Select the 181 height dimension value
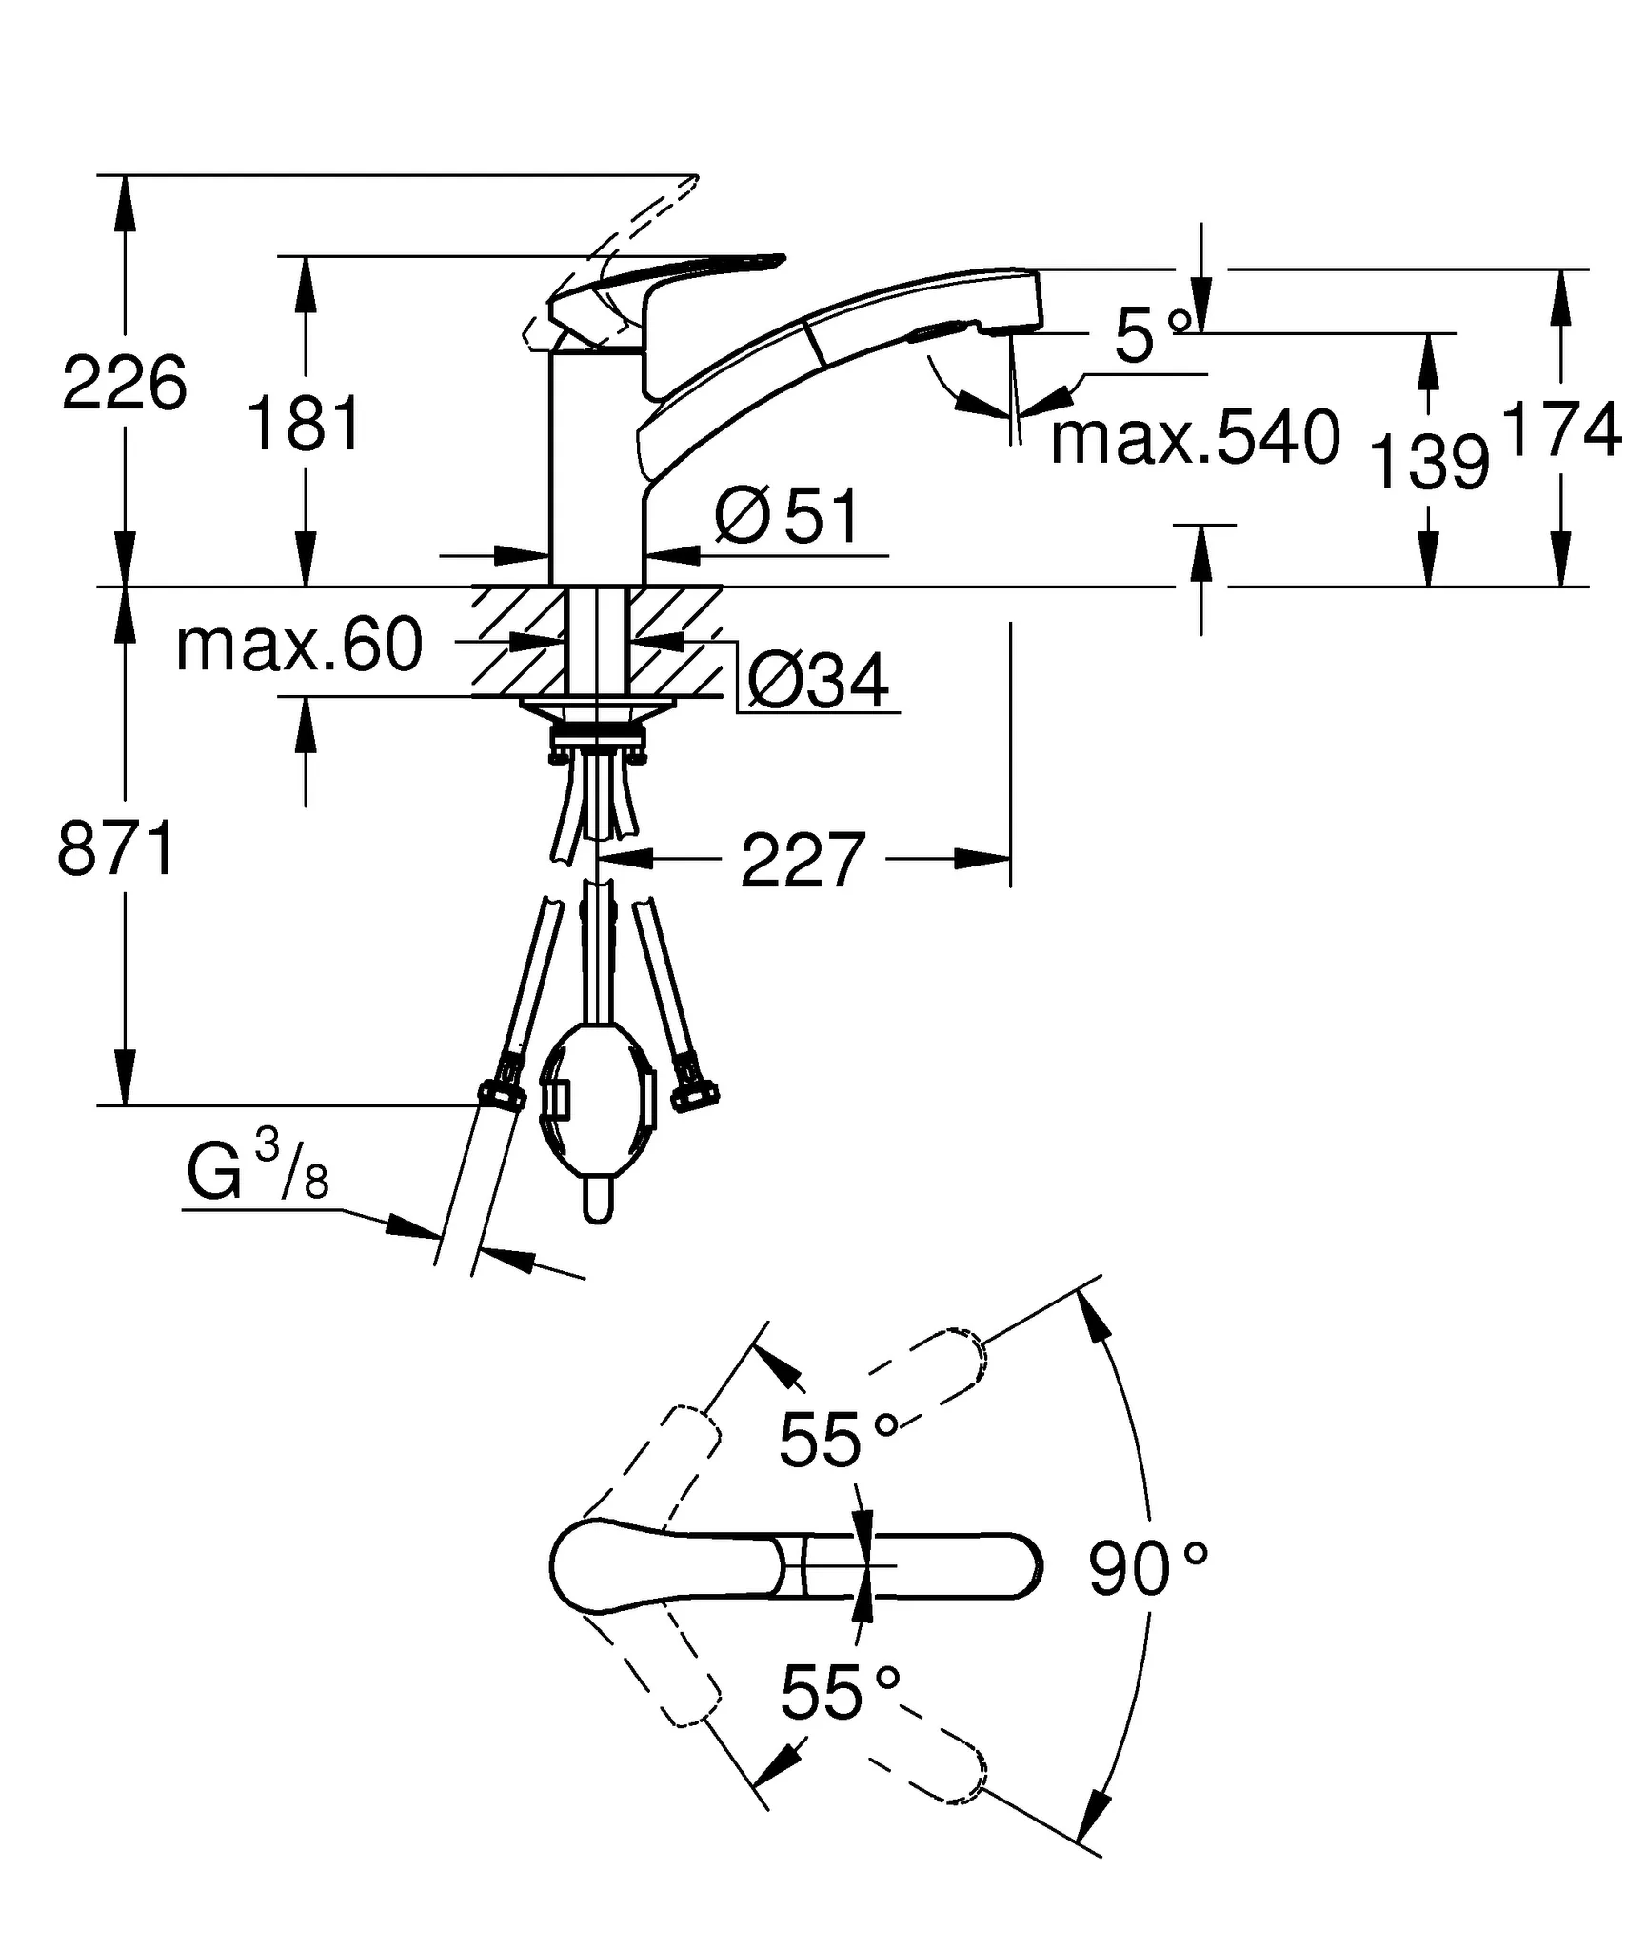point(305,425)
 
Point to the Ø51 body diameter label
point(786,517)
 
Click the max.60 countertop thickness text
point(299,647)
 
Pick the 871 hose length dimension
point(116,849)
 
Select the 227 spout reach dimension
point(802,861)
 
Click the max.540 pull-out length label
point(1195,439)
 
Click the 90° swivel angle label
point(1147,1570)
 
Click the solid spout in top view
point(914,1565)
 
